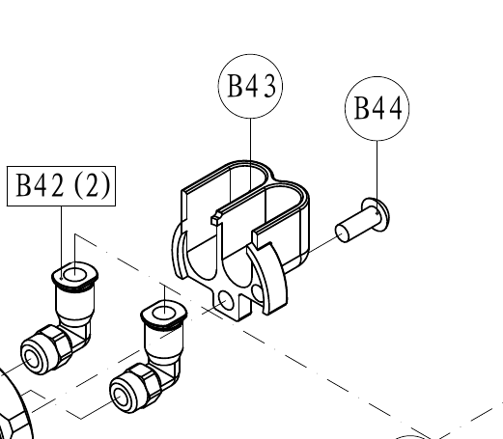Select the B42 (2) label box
coord(61,167)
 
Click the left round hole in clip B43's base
coord(226,300)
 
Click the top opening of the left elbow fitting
coord(74,276)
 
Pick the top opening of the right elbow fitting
coord(164,313)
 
